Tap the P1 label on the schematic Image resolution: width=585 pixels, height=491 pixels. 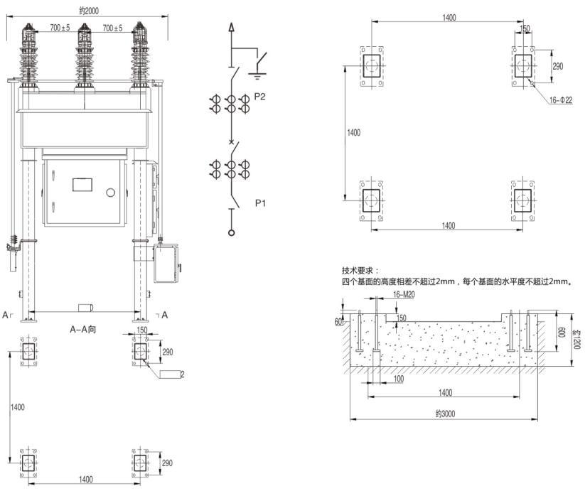coord(261,203)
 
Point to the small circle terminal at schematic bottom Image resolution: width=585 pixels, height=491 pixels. coord(230,233)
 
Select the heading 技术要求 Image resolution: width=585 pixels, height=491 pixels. coord(360,271)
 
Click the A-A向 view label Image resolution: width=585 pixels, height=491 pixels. coord(82,329)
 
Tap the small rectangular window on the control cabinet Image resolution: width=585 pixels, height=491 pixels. coord(83,185)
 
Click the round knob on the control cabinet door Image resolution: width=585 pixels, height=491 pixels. coord(110,193)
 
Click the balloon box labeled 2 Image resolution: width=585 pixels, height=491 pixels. coord(172,374)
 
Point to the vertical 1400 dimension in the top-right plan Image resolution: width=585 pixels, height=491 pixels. coord(353,132)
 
